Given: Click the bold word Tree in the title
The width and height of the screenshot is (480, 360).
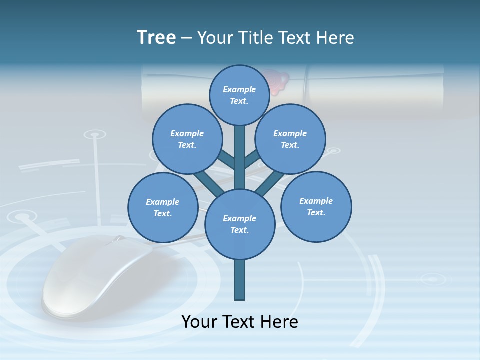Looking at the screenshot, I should tap(156, 37).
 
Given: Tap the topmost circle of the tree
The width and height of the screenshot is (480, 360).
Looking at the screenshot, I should tap(239, 95).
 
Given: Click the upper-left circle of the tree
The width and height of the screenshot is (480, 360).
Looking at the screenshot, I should tap(187, 139).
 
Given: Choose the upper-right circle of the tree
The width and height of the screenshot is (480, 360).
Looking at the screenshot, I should tap(290, 139).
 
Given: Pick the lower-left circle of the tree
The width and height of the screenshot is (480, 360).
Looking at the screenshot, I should tap(163, 207).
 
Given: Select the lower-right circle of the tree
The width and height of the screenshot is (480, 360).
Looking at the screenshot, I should tap(316, 206).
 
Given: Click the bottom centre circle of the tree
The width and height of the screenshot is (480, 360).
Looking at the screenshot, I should tap(240, 224).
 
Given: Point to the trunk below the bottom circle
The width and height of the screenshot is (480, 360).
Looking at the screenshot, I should tap(240, 280).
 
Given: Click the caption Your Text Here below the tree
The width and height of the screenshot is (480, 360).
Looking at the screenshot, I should tap(240, 322).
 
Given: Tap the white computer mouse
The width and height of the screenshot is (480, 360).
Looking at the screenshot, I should tap(95, 277).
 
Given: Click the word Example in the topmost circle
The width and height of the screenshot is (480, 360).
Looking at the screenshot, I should tap(239, 89).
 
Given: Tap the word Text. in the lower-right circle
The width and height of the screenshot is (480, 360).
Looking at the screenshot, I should tap(316, 212).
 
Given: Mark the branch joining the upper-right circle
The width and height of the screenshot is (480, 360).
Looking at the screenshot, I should tap(252, 160).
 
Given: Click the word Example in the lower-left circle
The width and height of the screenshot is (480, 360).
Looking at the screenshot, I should tap(163, 202).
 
